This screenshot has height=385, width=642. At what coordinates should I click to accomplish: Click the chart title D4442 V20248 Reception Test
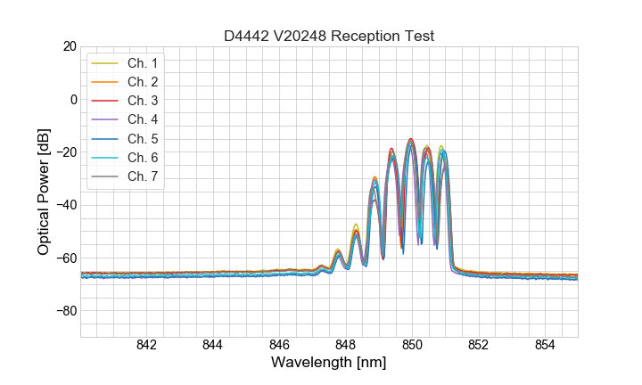[x=329, y=37]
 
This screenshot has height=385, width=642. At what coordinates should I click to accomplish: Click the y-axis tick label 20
[x=68, y=46]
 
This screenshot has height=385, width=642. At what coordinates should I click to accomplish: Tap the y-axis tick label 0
[x=72, y=99]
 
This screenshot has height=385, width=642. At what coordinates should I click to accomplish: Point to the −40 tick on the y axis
[x=63, y=205]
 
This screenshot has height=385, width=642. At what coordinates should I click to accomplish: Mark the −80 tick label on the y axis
[x=63, y=311]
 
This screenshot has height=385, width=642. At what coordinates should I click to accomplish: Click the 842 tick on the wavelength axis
[x=146, y=346]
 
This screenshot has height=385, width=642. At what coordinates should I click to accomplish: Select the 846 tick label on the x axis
[x=279, y=346]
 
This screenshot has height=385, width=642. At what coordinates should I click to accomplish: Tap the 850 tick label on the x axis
[x=412, y=346]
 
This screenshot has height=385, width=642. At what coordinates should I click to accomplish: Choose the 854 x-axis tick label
[x=545, y=346]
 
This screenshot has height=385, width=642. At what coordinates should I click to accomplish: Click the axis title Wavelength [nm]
[x=329, y=364]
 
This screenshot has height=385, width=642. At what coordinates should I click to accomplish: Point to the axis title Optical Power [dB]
[x=43, y=192]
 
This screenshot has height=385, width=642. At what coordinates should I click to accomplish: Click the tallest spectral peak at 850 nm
[x=411, y=140]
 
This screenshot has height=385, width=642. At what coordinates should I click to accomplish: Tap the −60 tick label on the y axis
[x=63, y=258]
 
